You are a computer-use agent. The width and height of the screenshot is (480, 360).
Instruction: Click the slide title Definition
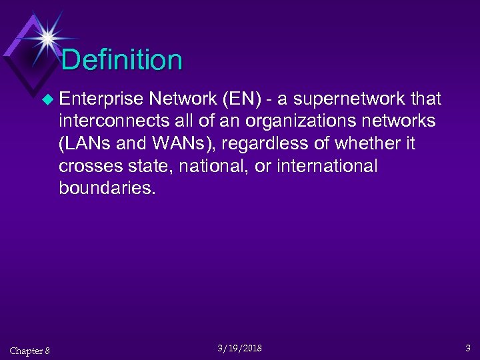pos(122,60)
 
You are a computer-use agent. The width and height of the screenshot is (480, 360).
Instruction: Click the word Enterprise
pos(101,99)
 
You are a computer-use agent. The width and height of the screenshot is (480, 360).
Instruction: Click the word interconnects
pos(107,121)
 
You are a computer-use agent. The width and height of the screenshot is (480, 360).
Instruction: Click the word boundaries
pos(107,187)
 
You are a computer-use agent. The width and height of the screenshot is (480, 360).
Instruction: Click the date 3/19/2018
pos(239,349)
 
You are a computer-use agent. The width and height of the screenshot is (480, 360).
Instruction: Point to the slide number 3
pos(467,348)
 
